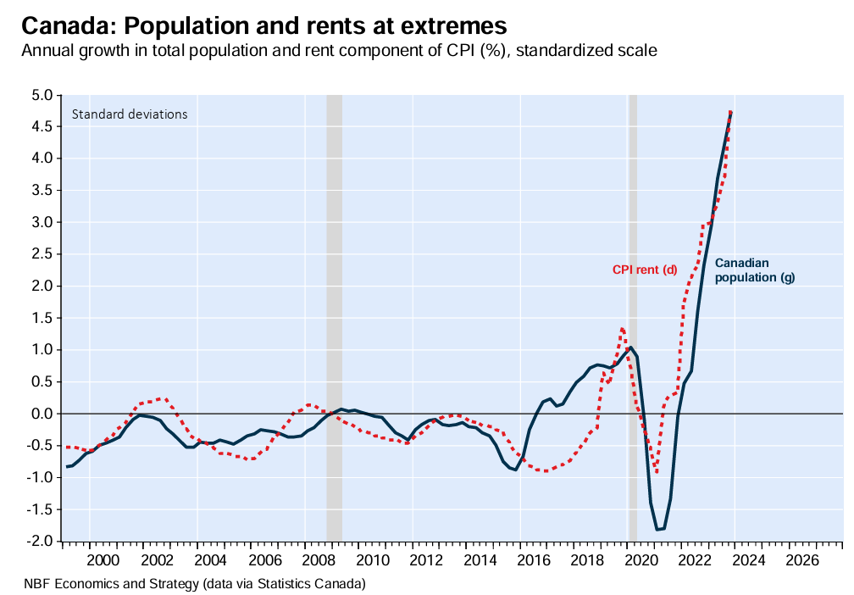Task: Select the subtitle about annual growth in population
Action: pyautogui.click(x=339, y=50)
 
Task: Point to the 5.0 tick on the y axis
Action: pyautogui.click(x=42, y=95)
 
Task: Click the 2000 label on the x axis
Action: pyautogui.click(x=103, y=560)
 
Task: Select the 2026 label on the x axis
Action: pyautogui.click(x=802, y=560)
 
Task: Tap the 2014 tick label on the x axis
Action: pyautogui.click(x=480, y=560)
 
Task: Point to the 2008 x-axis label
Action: pyautogui.click(x=318, y=560)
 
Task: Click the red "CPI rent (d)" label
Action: pyautogui.click(x=645, y=270)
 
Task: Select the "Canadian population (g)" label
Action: pyautogui.click(x=754, y=270)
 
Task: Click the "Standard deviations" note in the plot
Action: pyautogui.click(x=130, y=114)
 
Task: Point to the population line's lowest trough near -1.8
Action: pyautogui.click(x=658, y=530)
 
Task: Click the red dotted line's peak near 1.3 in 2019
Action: pyautogui.click(x=622, y=328)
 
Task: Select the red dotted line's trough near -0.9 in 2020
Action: pyautogui.click(x=656, y=471)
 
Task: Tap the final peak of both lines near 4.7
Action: pyautogui.click(x=730, y=112)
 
